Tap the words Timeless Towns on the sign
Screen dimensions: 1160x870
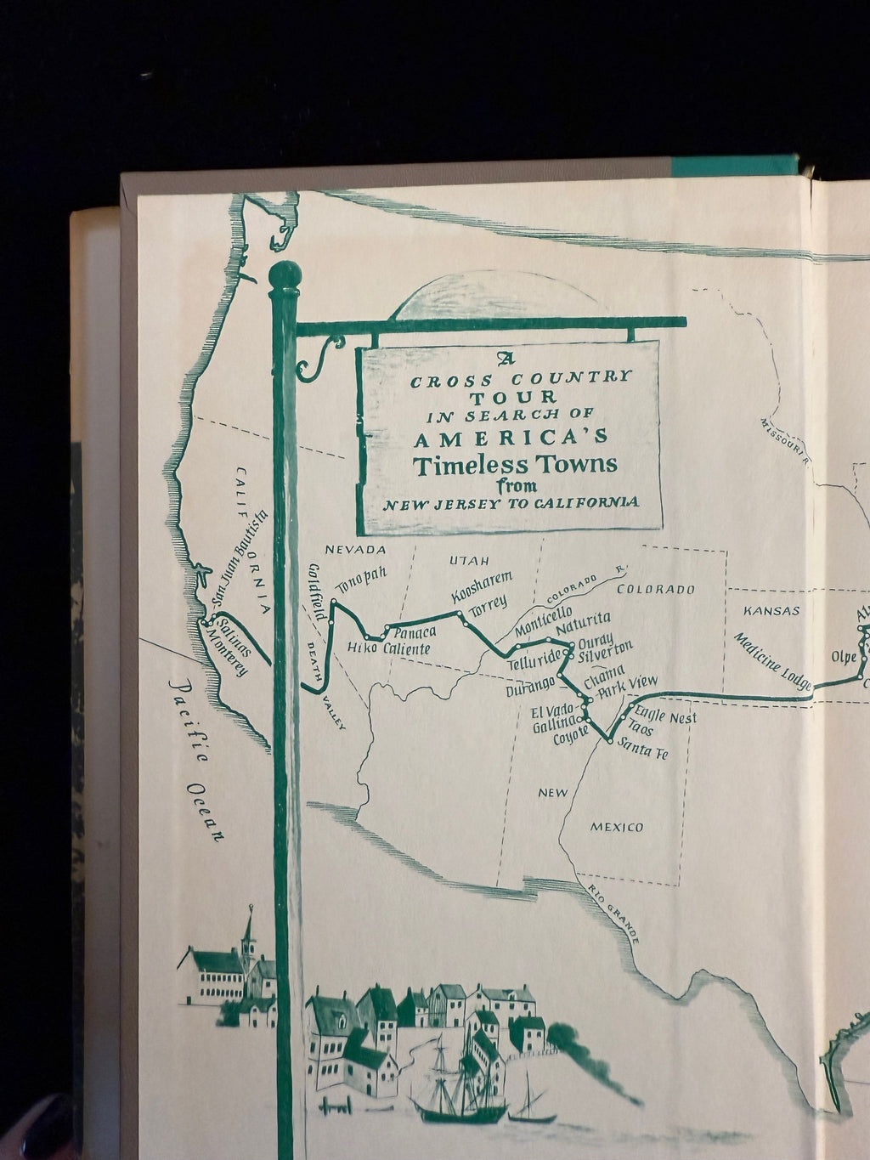515,466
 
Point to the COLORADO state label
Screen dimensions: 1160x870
655,589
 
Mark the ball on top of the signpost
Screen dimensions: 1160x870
284,275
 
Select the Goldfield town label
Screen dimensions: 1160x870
320,591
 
